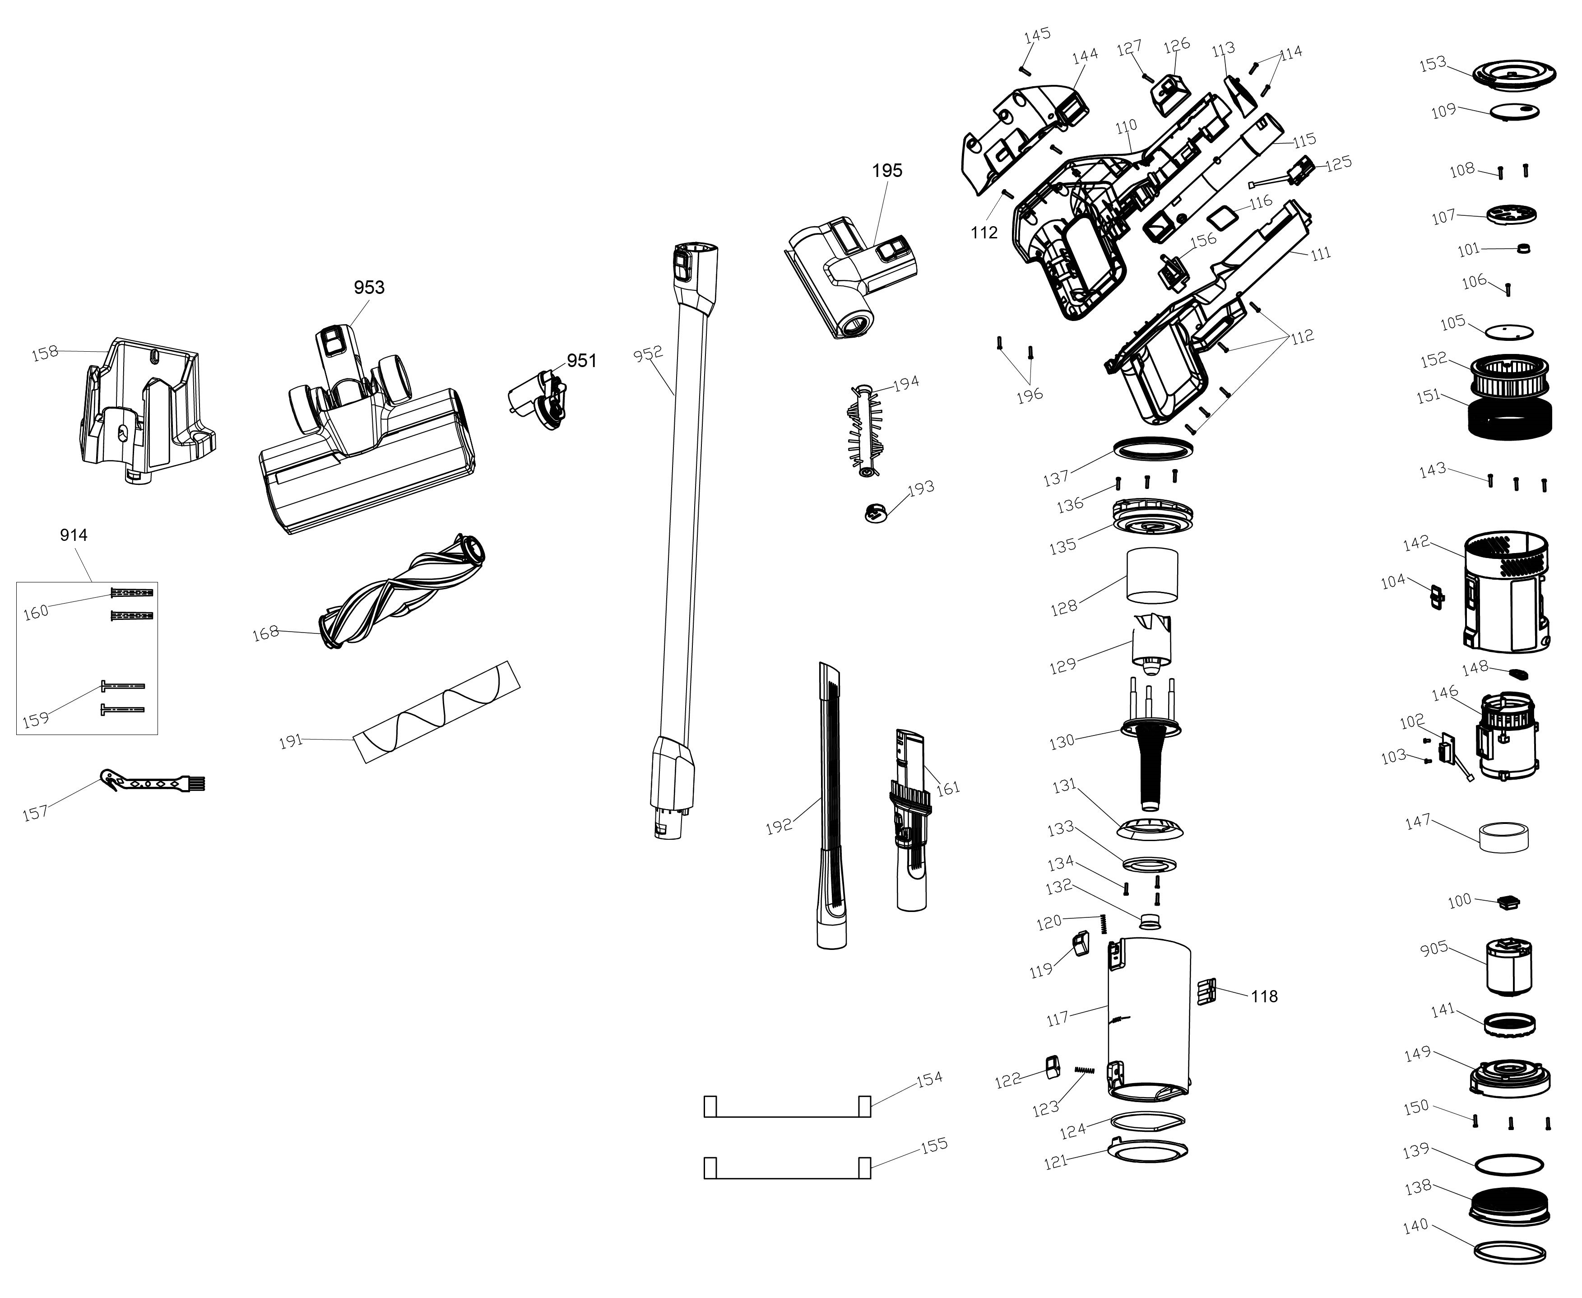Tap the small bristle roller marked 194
[865, 429]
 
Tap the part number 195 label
[887, 171]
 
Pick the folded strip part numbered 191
[436, 712]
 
